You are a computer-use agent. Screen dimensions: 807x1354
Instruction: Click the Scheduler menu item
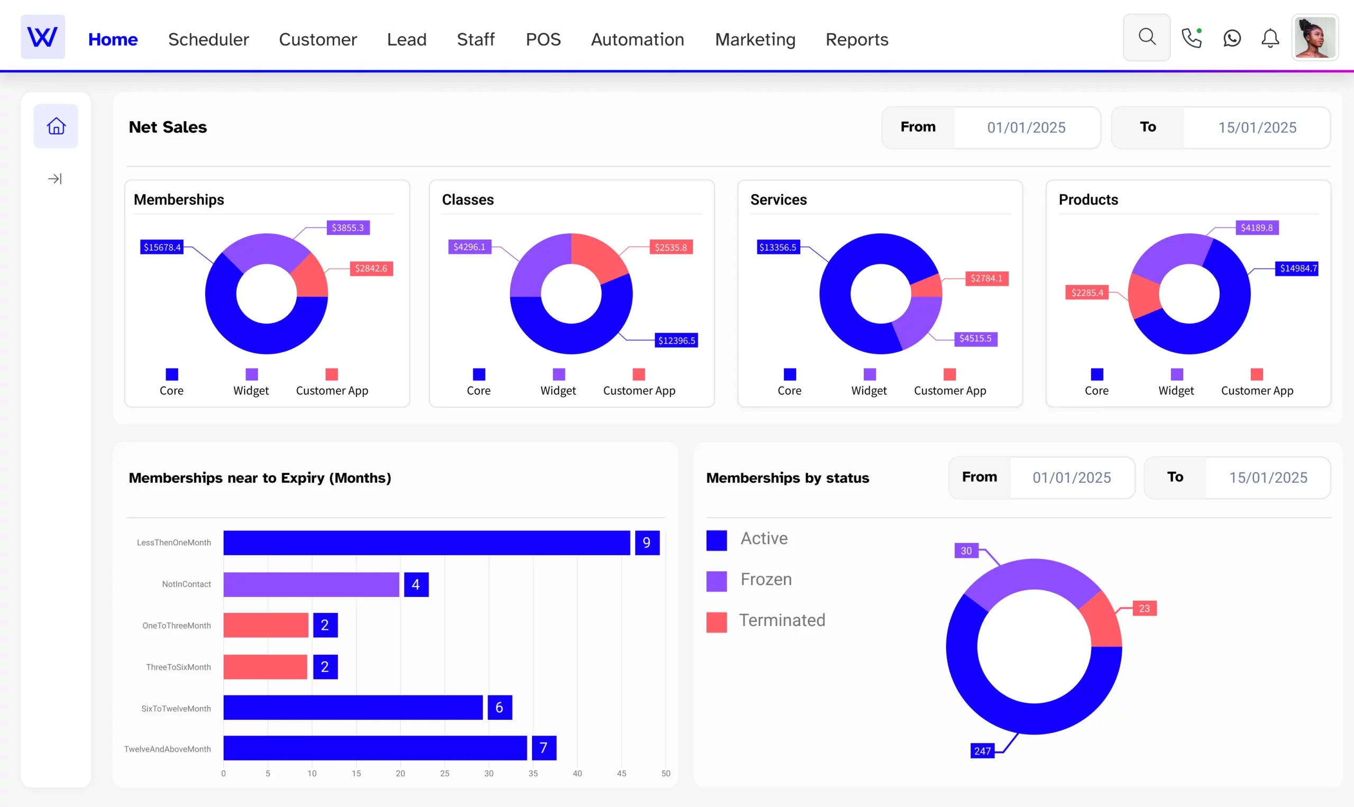tap(208, 39)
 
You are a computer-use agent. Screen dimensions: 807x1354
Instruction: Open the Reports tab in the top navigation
tap(856, 39)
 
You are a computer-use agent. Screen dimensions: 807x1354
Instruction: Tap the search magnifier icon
tap(1146, 37)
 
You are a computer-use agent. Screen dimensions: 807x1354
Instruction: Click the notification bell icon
tap(1270, 38)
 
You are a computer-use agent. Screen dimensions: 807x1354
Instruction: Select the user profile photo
tap(1314, 37)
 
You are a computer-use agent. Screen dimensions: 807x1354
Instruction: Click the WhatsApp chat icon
tap(1232, 38)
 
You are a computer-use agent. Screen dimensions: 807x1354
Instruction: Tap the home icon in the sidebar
tap(56, 126)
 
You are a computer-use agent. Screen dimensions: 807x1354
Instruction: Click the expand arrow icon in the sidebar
tap(55, 178)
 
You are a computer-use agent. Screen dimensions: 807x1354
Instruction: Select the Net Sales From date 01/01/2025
tap(1026, 127)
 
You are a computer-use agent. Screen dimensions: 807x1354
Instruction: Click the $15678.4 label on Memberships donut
tap(161, 247)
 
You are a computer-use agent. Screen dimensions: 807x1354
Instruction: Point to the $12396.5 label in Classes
tap(676, 341)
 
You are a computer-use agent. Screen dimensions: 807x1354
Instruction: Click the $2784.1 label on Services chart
tap(986, 278)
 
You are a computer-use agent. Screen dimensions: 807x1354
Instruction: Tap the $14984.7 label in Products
tap(1297, 268)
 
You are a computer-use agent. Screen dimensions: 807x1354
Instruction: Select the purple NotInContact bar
tap(311, 584)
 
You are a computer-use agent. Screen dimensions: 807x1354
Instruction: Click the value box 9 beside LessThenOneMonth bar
tap(646, 543)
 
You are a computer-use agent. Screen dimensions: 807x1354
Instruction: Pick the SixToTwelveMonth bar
tap(352, 707)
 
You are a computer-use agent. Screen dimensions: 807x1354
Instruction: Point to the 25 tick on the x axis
tap(444, 773)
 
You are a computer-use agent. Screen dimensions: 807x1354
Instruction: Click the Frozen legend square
tap(716, 580)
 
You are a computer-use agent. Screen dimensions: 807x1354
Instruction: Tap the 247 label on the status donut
tap(982, 750)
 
